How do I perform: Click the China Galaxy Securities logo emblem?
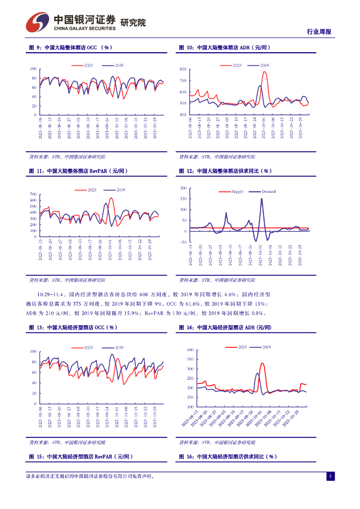pos(38,21)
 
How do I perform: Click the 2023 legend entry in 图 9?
pos(83,66)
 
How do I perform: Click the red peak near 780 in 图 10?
pos(265,72)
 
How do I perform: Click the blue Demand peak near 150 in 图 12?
pos(262,199)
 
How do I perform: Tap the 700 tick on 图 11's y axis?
pos(33,194)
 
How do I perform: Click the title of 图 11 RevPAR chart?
pos(78,171)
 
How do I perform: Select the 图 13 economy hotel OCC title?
pos(73,328)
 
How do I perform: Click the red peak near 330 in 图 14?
pos(262,363)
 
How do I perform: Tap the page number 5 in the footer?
pos(329,476)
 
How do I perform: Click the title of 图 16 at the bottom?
pos(227,456)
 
